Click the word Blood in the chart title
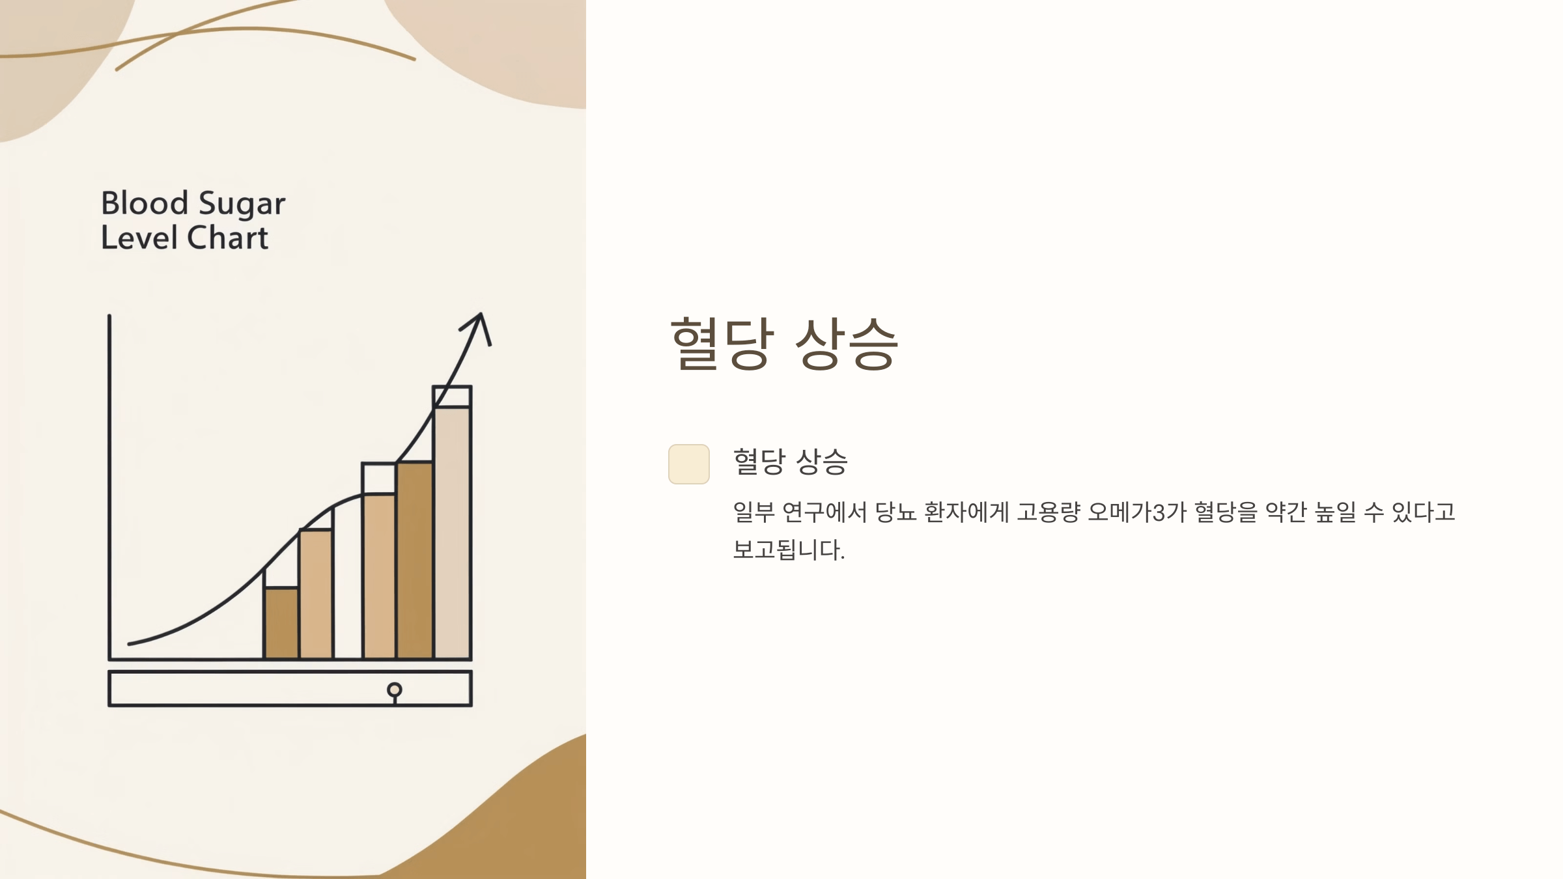[x=145, y=203]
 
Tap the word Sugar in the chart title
[x=242, y=204]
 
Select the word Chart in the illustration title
[x=227, y=238]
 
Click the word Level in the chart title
[x=139, y=238]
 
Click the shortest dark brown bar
[x=281, y=623]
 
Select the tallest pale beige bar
[x=452, y=533]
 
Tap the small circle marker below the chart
[x=394, y=690]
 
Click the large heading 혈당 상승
[x=784, y=344]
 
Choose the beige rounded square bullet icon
[x=688, y=464]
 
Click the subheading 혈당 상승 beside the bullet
[x=790, y=462]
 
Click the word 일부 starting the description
[x=753, y=512]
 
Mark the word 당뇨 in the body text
[x=895, y=512]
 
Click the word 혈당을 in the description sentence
[x=1226, y=512]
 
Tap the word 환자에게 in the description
[x=966, y=512]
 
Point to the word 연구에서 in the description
[x=824, y=512]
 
